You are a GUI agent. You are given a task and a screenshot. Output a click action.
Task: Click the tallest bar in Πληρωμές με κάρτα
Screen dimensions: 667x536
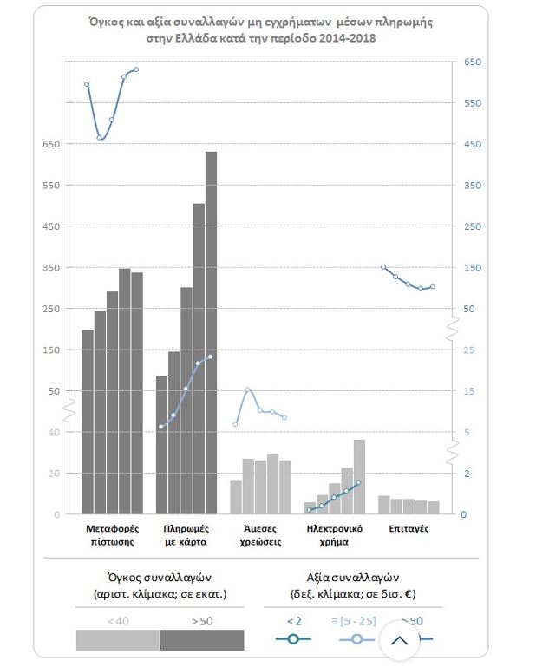(x=211, y=333)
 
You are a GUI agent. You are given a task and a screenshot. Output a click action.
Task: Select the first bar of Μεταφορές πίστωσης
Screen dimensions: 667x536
(x=88, y=422)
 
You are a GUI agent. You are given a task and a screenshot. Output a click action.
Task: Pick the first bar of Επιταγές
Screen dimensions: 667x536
(x=384, y=505)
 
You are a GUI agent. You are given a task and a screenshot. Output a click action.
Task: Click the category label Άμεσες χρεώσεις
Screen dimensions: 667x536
(x=260, y=535)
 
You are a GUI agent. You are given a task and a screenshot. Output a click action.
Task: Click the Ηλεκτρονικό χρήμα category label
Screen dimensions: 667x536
(x=334, y=535)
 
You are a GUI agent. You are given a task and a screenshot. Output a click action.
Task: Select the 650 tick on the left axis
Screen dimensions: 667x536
(x=50, y=145)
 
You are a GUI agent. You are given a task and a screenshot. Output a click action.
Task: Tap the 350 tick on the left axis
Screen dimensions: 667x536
(x=50, y=268)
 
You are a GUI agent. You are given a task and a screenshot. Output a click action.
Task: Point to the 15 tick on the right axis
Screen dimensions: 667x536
(x=468, y=391)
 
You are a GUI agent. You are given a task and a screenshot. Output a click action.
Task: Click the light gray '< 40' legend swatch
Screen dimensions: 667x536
(x=118, y=639)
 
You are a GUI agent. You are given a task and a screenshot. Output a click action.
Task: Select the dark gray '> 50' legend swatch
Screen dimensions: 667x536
(x=202, y=639)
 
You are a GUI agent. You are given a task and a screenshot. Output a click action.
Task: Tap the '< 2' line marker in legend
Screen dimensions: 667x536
(x=293, y=639)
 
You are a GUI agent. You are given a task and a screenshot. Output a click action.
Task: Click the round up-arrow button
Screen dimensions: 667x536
(x=400, y=641)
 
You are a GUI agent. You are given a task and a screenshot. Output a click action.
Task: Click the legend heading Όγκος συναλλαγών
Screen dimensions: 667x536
(x=160, y=577)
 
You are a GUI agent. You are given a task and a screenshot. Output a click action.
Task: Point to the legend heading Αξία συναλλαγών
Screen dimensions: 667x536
(x=352, y=577)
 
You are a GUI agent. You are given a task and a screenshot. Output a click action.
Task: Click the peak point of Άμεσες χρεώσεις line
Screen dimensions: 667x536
(x=247, y=390)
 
